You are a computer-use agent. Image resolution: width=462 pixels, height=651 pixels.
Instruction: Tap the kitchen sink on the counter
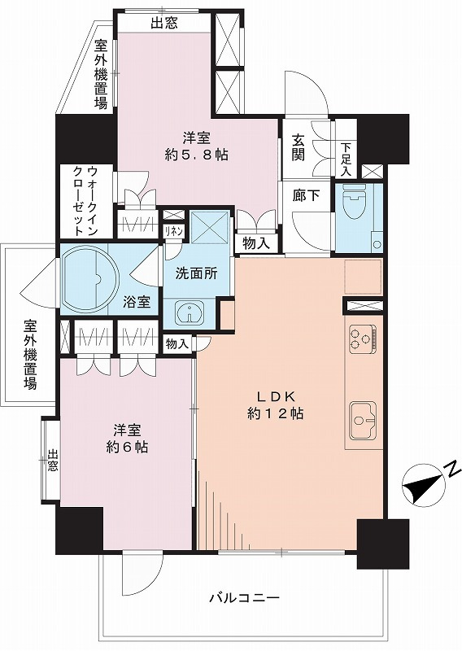363,420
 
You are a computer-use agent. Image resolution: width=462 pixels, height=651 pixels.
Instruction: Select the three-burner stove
363,339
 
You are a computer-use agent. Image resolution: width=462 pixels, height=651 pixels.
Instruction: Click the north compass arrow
424,484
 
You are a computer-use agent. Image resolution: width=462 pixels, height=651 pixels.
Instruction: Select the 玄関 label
298,147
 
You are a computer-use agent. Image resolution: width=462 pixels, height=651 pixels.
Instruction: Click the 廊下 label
306,195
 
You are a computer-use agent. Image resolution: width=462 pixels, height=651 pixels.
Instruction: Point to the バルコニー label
244,598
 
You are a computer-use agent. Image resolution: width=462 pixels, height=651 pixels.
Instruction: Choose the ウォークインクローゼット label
85,201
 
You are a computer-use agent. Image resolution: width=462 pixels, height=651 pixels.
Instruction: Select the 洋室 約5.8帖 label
196,146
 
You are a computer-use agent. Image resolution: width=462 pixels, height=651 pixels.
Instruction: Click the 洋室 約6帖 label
127,439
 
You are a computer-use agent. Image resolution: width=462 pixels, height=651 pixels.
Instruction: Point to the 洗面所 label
196,273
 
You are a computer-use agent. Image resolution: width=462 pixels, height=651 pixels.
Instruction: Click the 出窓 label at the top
164,24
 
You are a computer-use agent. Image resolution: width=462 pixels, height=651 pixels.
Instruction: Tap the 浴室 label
136,302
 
